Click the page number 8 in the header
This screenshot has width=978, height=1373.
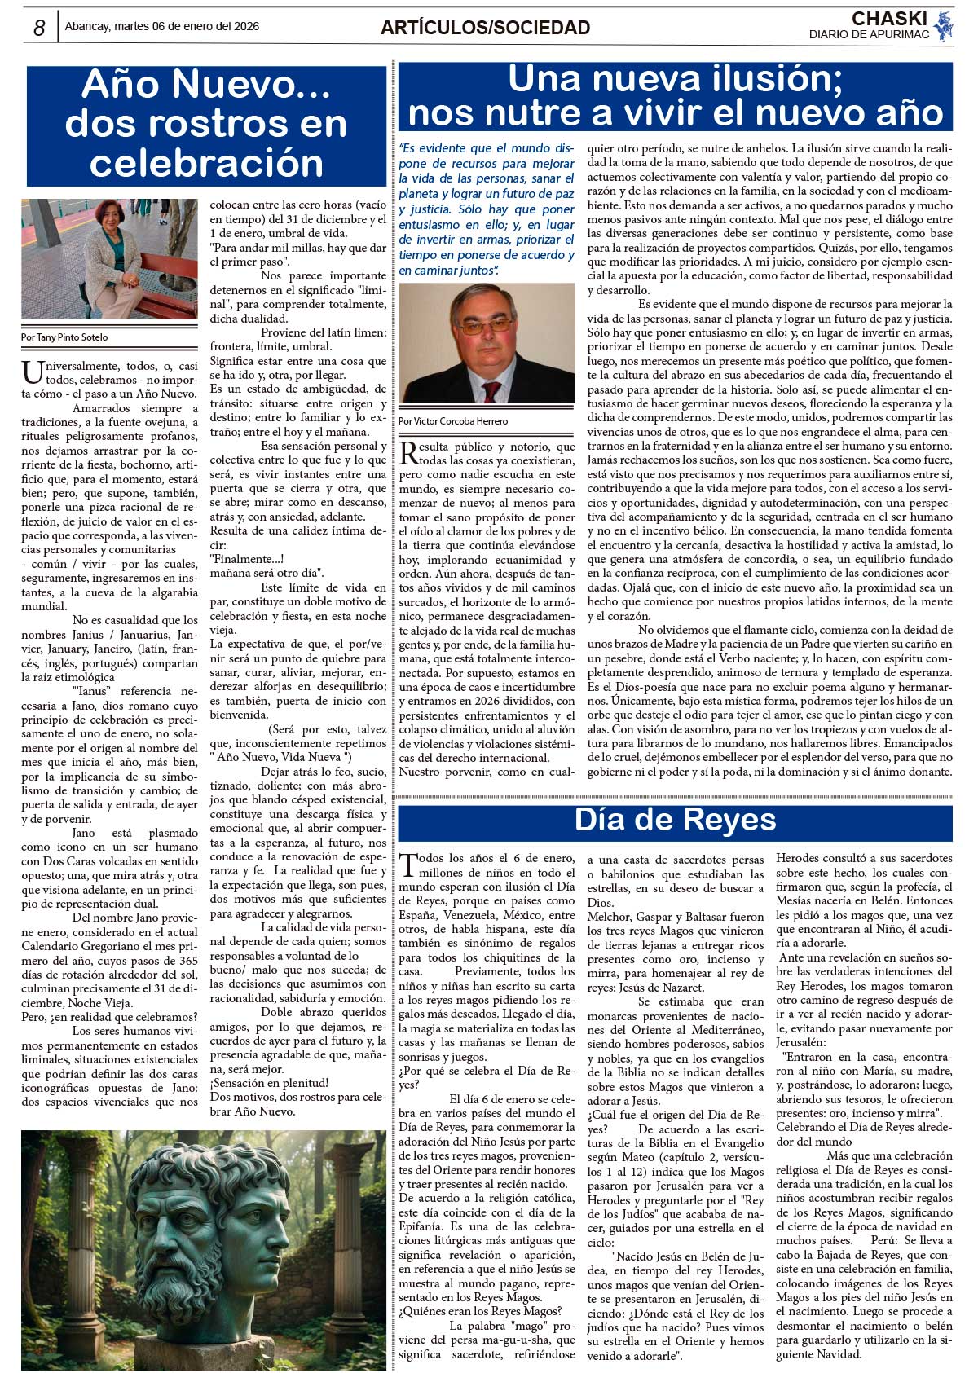(39, 27)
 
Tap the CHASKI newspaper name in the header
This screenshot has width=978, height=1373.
(889, 18)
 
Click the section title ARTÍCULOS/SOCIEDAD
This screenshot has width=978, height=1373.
(485, 28)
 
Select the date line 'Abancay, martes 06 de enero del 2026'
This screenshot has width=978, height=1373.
(162, 26)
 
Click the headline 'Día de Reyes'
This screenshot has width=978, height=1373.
(675, 820)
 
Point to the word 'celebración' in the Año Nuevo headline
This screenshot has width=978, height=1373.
(206, 162)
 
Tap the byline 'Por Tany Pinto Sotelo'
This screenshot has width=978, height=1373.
(64, 337)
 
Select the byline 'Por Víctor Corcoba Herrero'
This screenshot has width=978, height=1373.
(453, 421)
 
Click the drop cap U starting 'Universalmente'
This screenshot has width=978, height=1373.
(32, 372)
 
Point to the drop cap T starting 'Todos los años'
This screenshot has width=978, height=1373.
(409, 864)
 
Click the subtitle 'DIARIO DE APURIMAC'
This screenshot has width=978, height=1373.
(869, 35)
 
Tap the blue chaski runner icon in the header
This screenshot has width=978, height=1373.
(944, 26)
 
